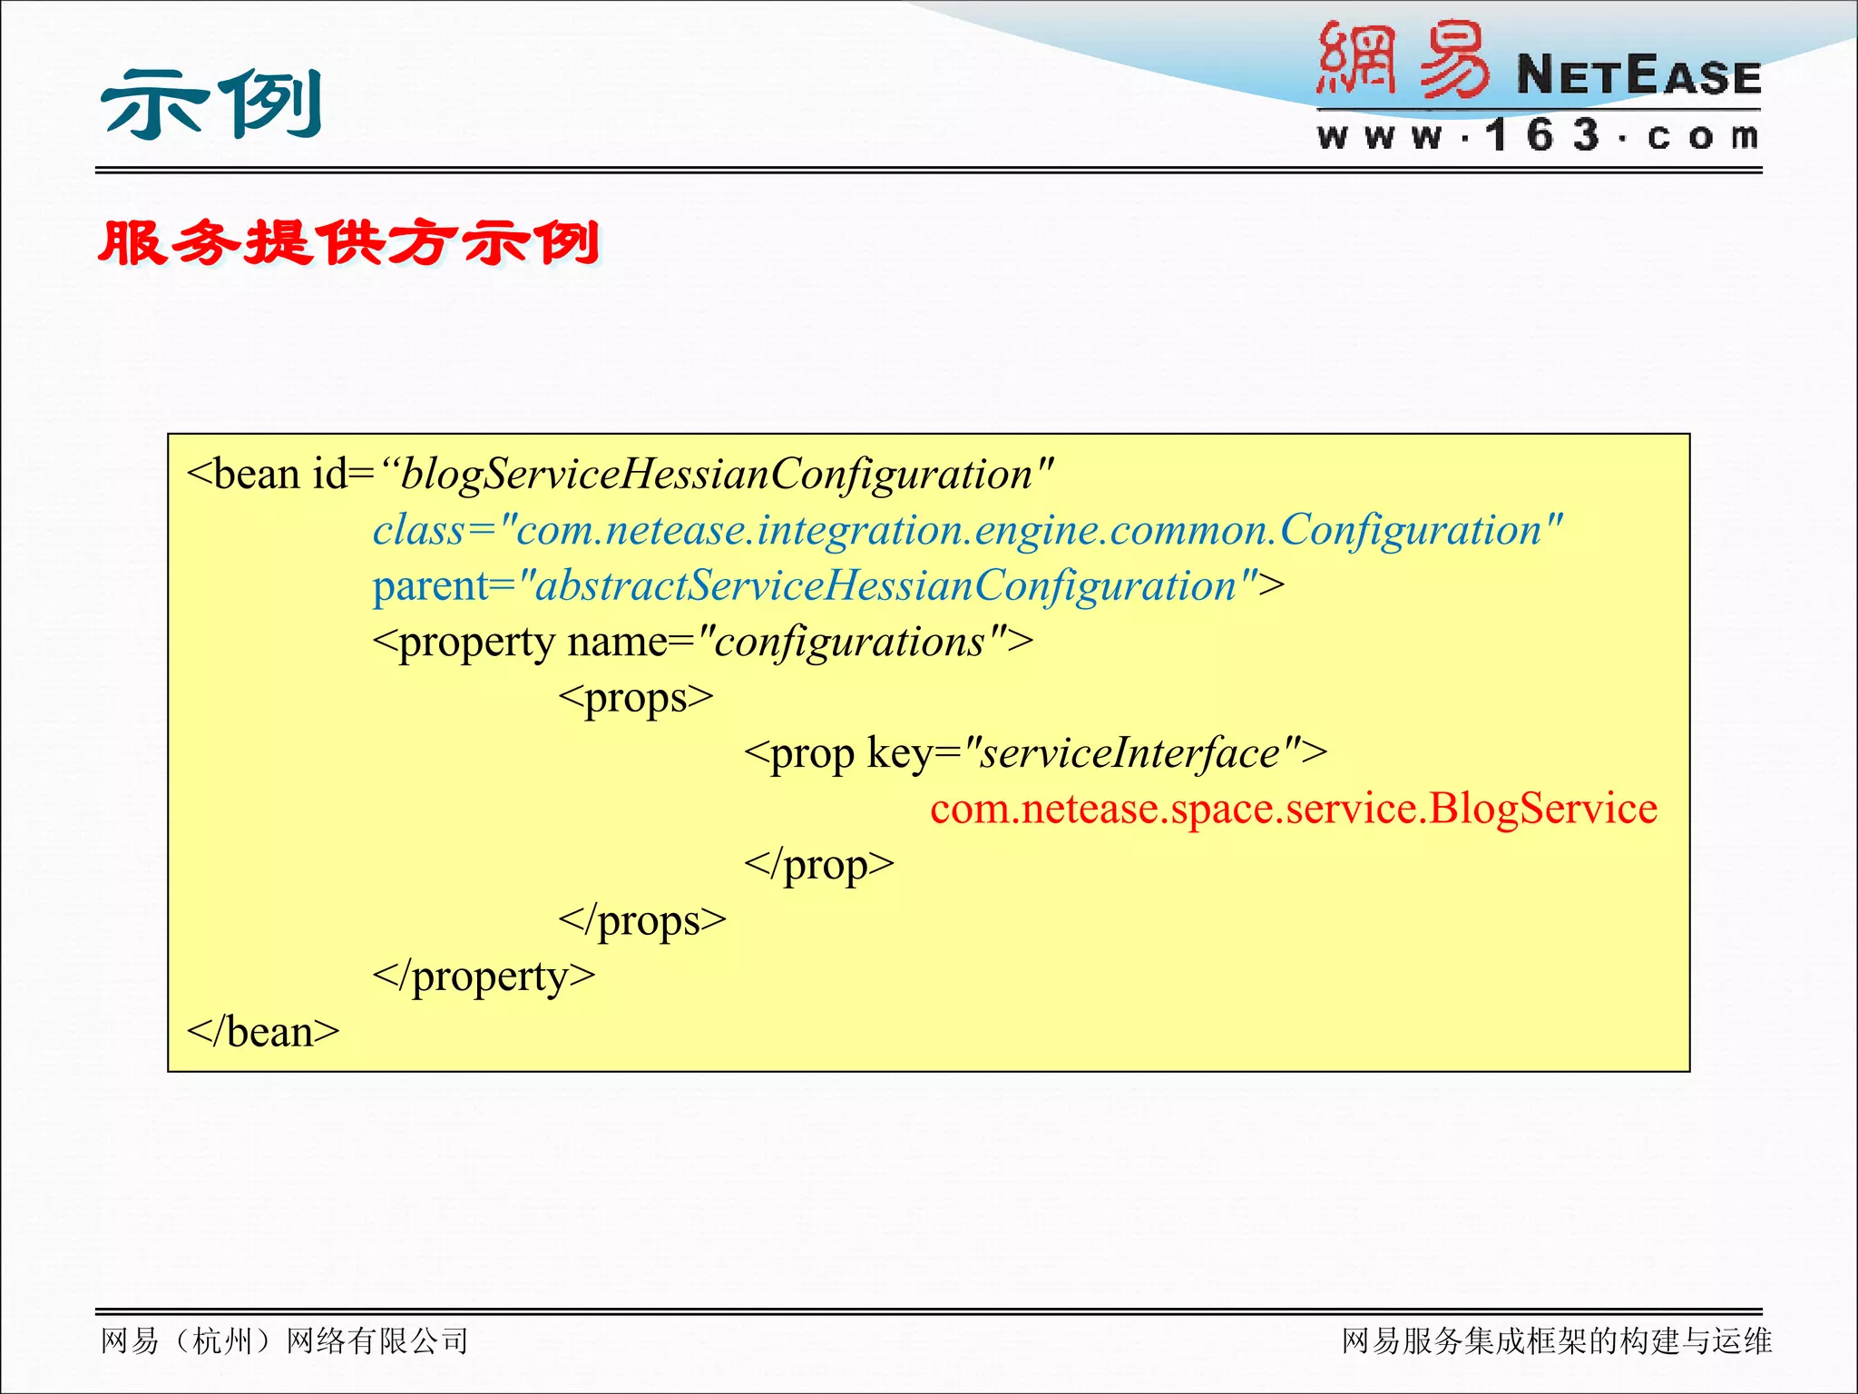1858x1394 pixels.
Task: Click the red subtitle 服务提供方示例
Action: coord(349,243)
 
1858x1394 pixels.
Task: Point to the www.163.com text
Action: coord(1539,136)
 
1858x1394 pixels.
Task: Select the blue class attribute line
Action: coord(967,530)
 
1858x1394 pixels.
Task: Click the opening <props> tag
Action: coord(636,698)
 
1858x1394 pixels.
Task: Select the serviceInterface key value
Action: coord(1130,753)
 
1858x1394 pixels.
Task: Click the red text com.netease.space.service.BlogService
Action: coord(1294,809)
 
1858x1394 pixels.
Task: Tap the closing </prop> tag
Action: coord(818,864)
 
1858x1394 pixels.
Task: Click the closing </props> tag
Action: coord(642,920)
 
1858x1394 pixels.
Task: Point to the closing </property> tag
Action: coord(484,977)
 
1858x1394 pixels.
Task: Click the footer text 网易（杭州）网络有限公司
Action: coord(284,1340)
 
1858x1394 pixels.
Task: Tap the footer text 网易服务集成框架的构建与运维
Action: coord(1556,1340)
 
